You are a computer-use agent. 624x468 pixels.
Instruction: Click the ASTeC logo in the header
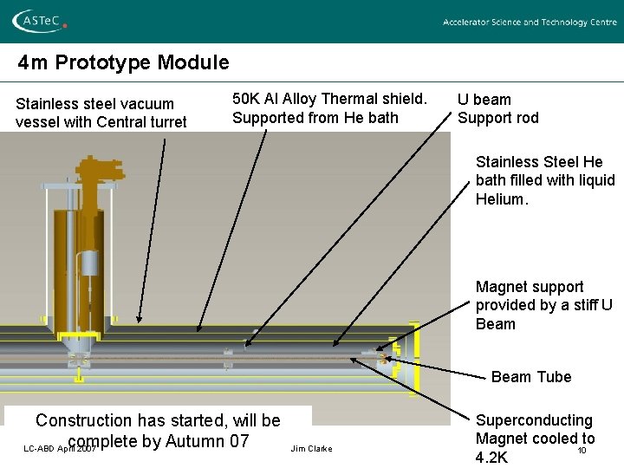pos(41,21)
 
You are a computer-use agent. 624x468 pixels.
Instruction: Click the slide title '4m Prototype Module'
pos(124,62)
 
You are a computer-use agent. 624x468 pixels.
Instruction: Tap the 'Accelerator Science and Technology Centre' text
pos(530,23)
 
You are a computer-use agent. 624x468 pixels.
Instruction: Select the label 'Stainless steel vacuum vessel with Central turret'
pos(101,113)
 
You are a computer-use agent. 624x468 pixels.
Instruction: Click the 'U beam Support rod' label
pos(497,108)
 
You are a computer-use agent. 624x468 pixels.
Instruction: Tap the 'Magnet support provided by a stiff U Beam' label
pos(543,305)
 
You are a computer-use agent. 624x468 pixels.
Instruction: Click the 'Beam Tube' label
pos(531,377)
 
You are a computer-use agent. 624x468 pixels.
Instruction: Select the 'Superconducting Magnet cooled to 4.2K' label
pos(534,439)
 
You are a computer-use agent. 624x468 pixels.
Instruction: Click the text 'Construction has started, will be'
pos(158,421)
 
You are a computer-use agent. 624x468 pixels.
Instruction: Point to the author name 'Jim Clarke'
pos(311,448)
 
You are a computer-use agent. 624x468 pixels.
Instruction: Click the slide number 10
pos(582,450)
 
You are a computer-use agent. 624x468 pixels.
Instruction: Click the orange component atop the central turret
pos(96,172)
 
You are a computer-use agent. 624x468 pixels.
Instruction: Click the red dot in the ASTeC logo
pos(65,26)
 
